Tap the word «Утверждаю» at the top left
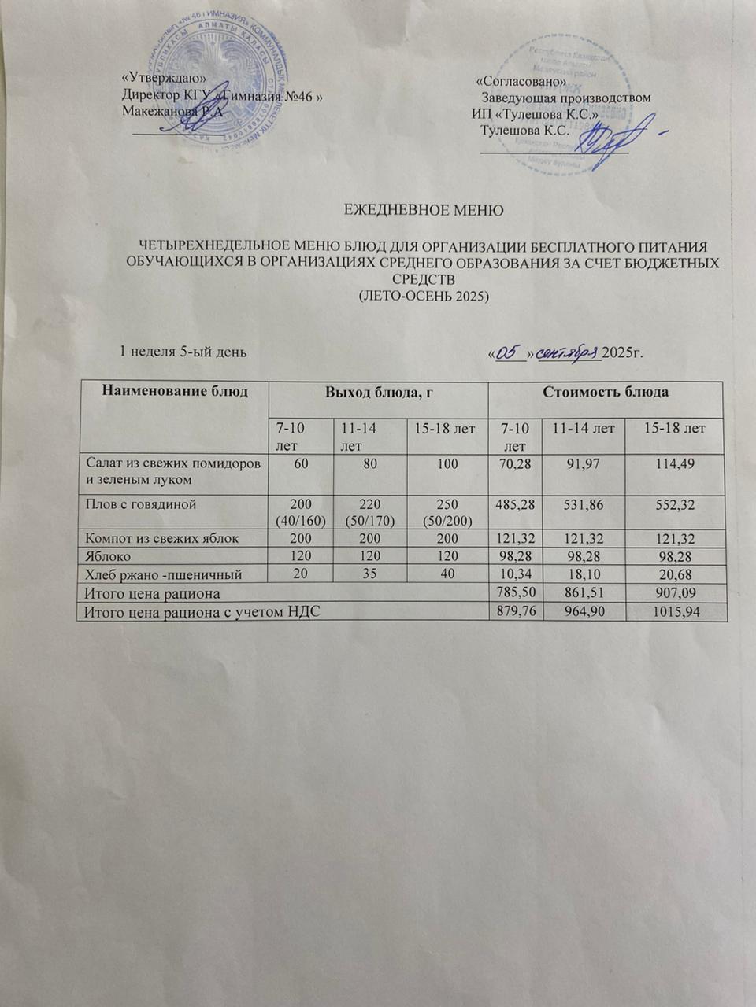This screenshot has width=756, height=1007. click(x=165, y=79)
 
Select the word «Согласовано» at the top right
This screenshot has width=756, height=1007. click(x=521, y=81)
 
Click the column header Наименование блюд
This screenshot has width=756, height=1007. click(x=174, y=390)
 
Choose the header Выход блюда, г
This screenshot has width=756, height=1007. click(x=378, y=391)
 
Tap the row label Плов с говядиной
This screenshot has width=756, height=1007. click(x=141, y=504)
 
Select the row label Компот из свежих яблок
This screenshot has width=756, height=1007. click(x=161, y=539)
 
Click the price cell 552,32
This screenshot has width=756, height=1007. click(x=675, y=504)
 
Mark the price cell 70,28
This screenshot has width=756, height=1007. click(x=515, y=464)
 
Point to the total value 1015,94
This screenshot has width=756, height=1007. click(x=675, y=611)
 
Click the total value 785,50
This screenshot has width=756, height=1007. click(x=515, y=592)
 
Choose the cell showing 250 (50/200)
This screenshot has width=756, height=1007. click(x=448, y=511)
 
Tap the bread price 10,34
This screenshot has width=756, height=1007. click(x=515, y=574)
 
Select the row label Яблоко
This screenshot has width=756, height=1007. click(x=107, y=557)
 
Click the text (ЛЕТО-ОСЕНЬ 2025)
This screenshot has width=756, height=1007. click(x=424, y=296)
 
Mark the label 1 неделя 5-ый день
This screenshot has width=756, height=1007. click(x=183, y=352)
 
